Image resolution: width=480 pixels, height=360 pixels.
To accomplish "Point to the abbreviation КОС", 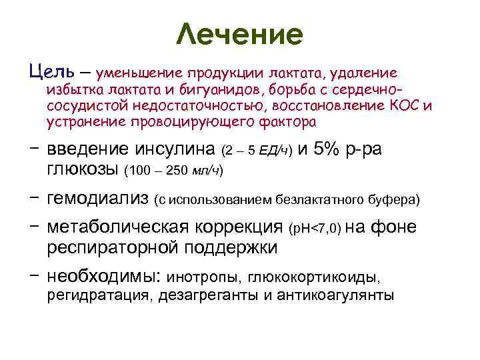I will point(408,105).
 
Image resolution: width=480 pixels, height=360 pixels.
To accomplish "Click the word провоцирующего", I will point(189,123).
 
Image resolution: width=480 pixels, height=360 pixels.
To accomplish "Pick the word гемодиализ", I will point(97,198).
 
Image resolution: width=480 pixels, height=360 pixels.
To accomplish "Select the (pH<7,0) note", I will point(315,229).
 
